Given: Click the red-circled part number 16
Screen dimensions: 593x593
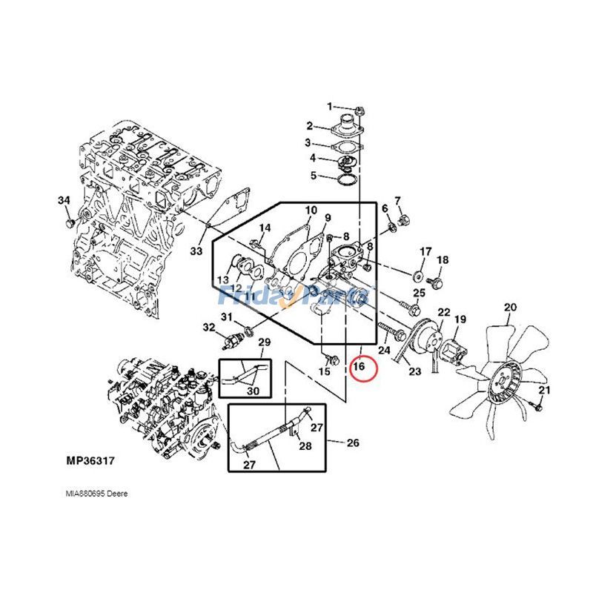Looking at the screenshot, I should pyautogui.click(x=360, y=365).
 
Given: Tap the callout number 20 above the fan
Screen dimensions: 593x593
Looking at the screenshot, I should pyautogui.click(x=510, y=307).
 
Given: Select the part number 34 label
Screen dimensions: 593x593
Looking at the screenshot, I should pyautogui.click(x=64, y=201).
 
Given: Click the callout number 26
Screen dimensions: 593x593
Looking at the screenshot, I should pyautogui.click(x=353, y=443).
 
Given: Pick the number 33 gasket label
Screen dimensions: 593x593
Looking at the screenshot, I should pyautogui.click(x=196, y=252).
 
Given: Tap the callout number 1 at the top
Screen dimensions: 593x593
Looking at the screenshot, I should pyautogui.click(x=331, y=107).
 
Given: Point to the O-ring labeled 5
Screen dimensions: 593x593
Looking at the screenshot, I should pyautogui.click(x=345, y=178).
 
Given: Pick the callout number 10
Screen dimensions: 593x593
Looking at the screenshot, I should pyautogui.click(x=310, y=211).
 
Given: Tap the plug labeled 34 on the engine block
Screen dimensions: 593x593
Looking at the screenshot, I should pyautogui.click(x=70, y=222).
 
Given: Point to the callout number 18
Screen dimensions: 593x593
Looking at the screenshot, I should pyautogui.click(x=443, y=259).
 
